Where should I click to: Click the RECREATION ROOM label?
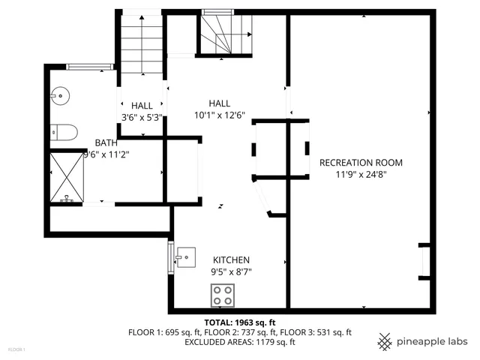(361, 163)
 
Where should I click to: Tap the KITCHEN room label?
(230, 259)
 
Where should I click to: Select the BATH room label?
(106, 142)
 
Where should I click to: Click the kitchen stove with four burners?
(222, 295)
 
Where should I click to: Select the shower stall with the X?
(67, 177)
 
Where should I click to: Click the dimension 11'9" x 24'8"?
(361, 175)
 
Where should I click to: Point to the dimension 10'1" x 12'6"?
(219, 115)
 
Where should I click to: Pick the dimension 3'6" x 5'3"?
(142, 117)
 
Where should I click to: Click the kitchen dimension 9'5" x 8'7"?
(230, 271)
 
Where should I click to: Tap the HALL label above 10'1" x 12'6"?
(220, 103)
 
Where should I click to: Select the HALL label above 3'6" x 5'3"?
(142, 106)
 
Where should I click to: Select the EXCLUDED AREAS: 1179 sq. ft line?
(240, 342)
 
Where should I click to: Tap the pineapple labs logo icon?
(385, 341)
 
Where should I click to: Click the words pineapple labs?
(433, 341)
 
